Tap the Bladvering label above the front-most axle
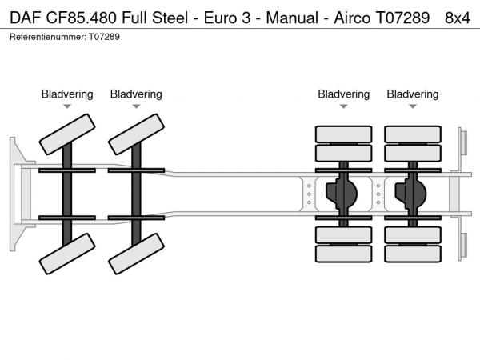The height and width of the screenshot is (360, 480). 67,94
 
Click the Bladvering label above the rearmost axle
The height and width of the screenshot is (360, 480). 413,94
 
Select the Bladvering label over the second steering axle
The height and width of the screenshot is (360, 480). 136,94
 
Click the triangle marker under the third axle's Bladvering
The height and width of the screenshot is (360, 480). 344,106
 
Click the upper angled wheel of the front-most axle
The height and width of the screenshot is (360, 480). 67,134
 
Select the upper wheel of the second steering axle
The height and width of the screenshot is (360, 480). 136,134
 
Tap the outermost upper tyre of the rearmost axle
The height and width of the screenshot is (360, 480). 413,134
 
